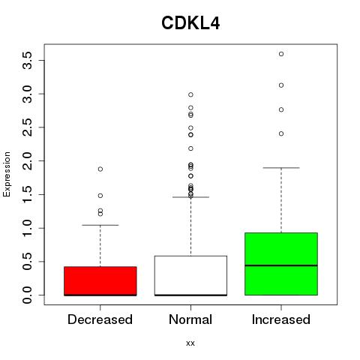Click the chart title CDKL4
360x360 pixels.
[190, 23]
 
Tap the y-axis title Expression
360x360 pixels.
[7, 174]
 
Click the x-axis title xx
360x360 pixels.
[190, 343]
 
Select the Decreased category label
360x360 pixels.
[100, 319]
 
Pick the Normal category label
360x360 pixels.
[190, 319]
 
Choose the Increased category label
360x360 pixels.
[281, 319]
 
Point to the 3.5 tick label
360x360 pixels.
[27, 60]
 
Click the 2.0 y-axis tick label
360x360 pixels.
[27, 160]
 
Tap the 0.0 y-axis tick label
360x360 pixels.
[27, 295]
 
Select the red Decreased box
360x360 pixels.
[100, 281]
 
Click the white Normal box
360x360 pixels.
[190, 276]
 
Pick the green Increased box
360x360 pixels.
[281, 264]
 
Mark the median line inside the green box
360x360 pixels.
[281, 265]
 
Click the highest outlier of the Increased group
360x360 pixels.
[281, 54]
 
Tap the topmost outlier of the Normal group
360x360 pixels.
[190, 94]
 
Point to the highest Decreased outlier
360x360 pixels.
[100, 169]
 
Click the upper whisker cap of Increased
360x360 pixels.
[281, 168]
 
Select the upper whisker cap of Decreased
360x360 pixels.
[100, 225]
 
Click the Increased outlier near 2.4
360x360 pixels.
[281, 133]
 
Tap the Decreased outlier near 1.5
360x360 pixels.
[100, 196]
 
